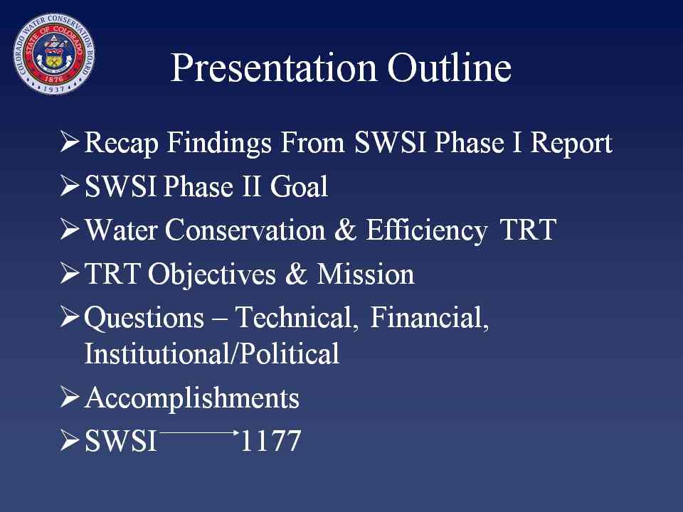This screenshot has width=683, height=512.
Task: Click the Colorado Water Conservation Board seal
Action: click(54, 53)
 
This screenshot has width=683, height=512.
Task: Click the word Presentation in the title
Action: click(273, 68)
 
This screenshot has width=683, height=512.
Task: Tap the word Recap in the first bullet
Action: click(121, 144)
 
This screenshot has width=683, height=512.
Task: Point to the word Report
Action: click(571, 144)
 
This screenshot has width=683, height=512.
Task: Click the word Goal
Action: click(299, 187)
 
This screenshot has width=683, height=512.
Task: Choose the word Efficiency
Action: click(426, 230)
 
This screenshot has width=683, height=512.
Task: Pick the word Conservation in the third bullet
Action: click(245, 230)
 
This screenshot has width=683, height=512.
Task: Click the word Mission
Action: click(366, 274)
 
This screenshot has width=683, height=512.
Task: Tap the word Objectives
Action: click(212, 275)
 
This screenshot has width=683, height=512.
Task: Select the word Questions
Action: click(144, 318)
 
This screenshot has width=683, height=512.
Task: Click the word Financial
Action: click(430, 317)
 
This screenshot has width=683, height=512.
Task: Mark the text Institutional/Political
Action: click(212, 353)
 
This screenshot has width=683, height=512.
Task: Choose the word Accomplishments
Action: click(192, 398)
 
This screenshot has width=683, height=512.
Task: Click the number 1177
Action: click(270, 441)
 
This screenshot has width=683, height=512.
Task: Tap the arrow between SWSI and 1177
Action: click(199, 433)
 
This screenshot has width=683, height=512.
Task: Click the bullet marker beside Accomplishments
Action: click(70, 397)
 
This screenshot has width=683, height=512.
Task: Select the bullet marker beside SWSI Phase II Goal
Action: click(70, 186)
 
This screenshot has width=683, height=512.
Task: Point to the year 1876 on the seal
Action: click(53, 80)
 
